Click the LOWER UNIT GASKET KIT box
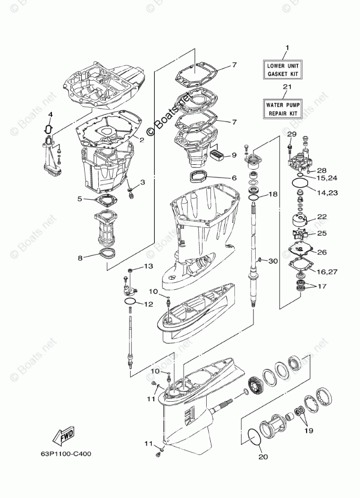283,70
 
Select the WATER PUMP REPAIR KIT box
283,108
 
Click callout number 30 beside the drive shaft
273,261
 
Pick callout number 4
50,114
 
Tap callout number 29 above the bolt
292,135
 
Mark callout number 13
148,266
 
